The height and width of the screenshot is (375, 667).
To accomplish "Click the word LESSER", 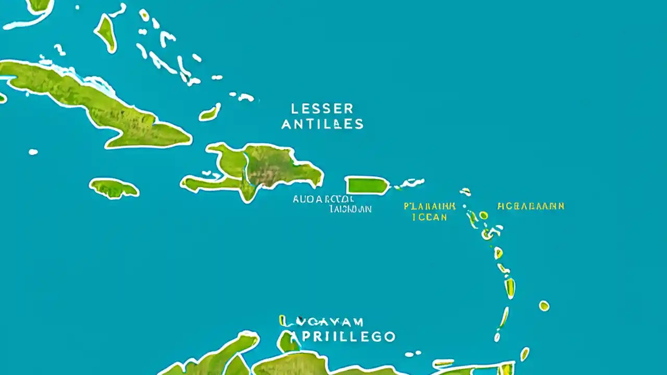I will pos(322,109).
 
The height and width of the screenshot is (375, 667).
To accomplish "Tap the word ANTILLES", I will pos(322,124).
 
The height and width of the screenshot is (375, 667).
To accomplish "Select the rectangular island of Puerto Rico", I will pos(367,185).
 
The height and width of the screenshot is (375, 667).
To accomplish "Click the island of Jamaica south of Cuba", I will pos(114,188).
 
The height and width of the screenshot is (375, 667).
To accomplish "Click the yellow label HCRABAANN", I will pos(530,206).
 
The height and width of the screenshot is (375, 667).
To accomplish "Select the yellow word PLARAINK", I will pos(429,206).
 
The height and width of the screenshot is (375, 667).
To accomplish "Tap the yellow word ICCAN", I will pos(429,217).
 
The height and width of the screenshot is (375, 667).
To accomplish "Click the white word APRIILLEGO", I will pos(338,336).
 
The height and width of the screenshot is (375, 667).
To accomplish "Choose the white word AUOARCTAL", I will pos(323,199).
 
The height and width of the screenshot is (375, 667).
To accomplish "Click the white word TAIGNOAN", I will pos(350,209).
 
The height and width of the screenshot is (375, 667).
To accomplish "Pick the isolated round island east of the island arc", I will pos(544,306).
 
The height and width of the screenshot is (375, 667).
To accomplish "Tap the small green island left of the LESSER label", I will pos(209,113).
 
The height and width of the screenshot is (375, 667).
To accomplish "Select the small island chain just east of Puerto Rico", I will pos(410,183).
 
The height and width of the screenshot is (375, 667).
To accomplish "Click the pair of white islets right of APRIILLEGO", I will pos(413,354).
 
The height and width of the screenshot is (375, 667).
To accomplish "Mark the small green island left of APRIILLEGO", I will pos(287,342).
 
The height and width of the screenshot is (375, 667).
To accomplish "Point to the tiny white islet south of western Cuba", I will pos(33,152).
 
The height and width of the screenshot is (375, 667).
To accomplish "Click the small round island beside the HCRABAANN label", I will pos(484,215).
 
